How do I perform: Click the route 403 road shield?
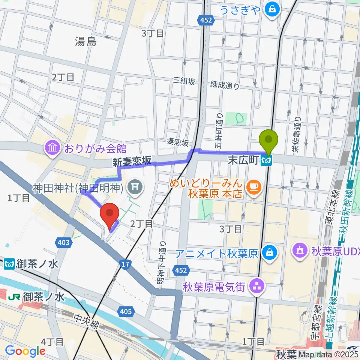(x=63, y=243)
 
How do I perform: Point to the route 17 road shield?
(x=125, y=265)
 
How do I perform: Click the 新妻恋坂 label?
(x=132, y=162)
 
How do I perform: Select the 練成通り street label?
(x=224, y=85)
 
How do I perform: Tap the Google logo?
(x=25, y=351)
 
